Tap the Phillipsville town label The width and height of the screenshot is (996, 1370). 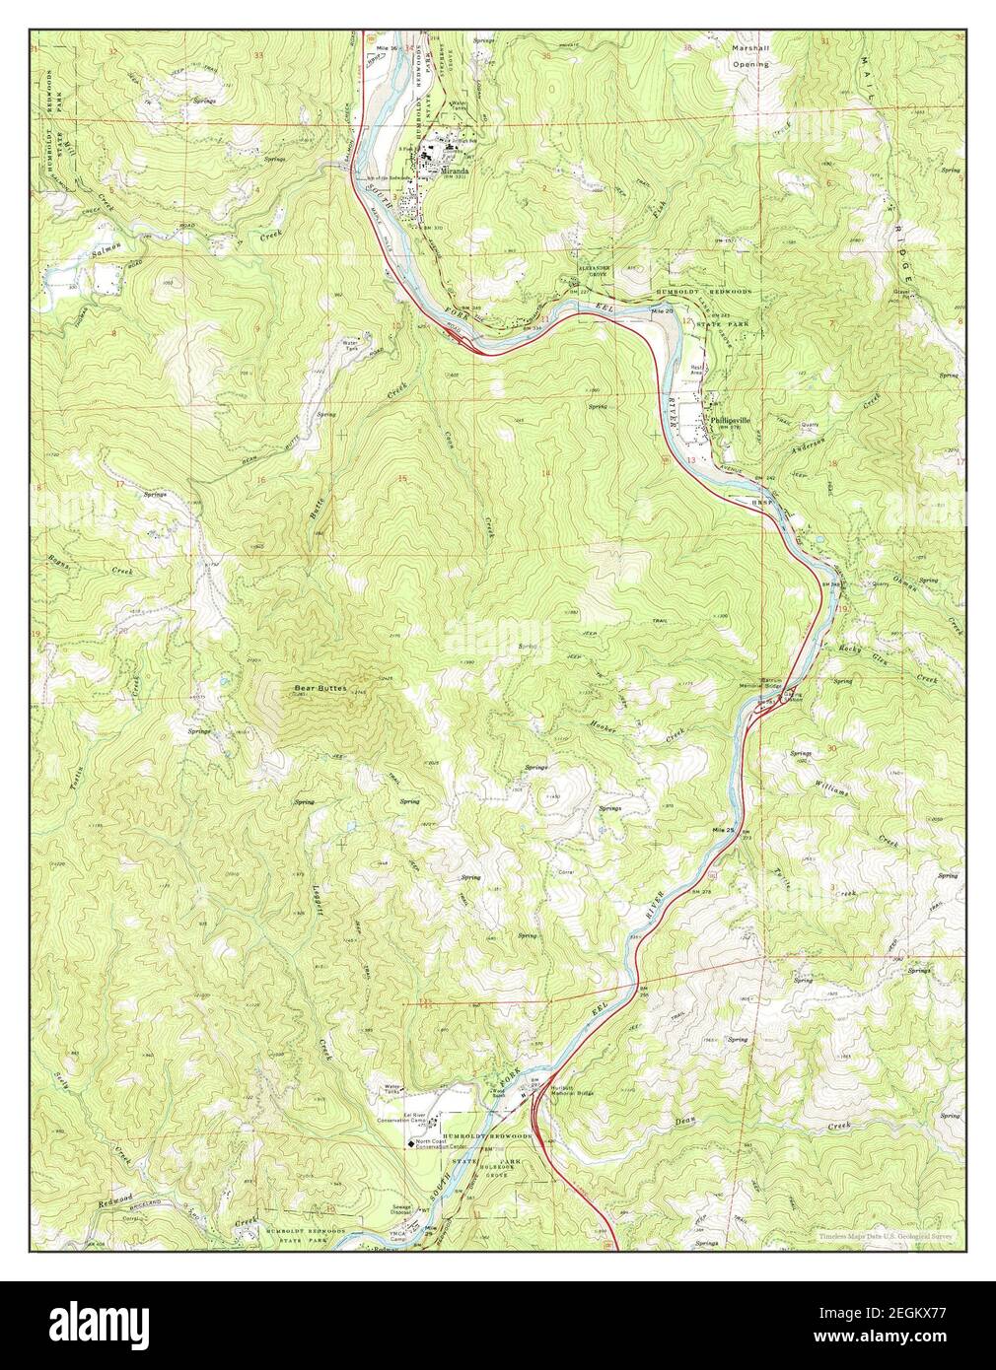click(x=731, y=420)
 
